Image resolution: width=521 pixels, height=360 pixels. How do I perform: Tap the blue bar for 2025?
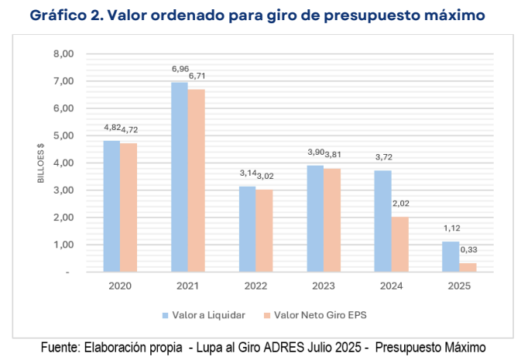pyautogui.click(x=450, y=257)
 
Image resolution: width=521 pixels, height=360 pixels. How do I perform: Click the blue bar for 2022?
pyautogui.click(x=246, y=229)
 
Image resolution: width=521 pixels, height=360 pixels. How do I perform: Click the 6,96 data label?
pyautogui.click(x=180, y=70)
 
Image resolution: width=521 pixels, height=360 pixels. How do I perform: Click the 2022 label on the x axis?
pyautogui.click(x=256, y=285)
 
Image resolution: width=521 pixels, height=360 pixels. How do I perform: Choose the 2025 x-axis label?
pyautogui.click(x=459, y=285)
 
